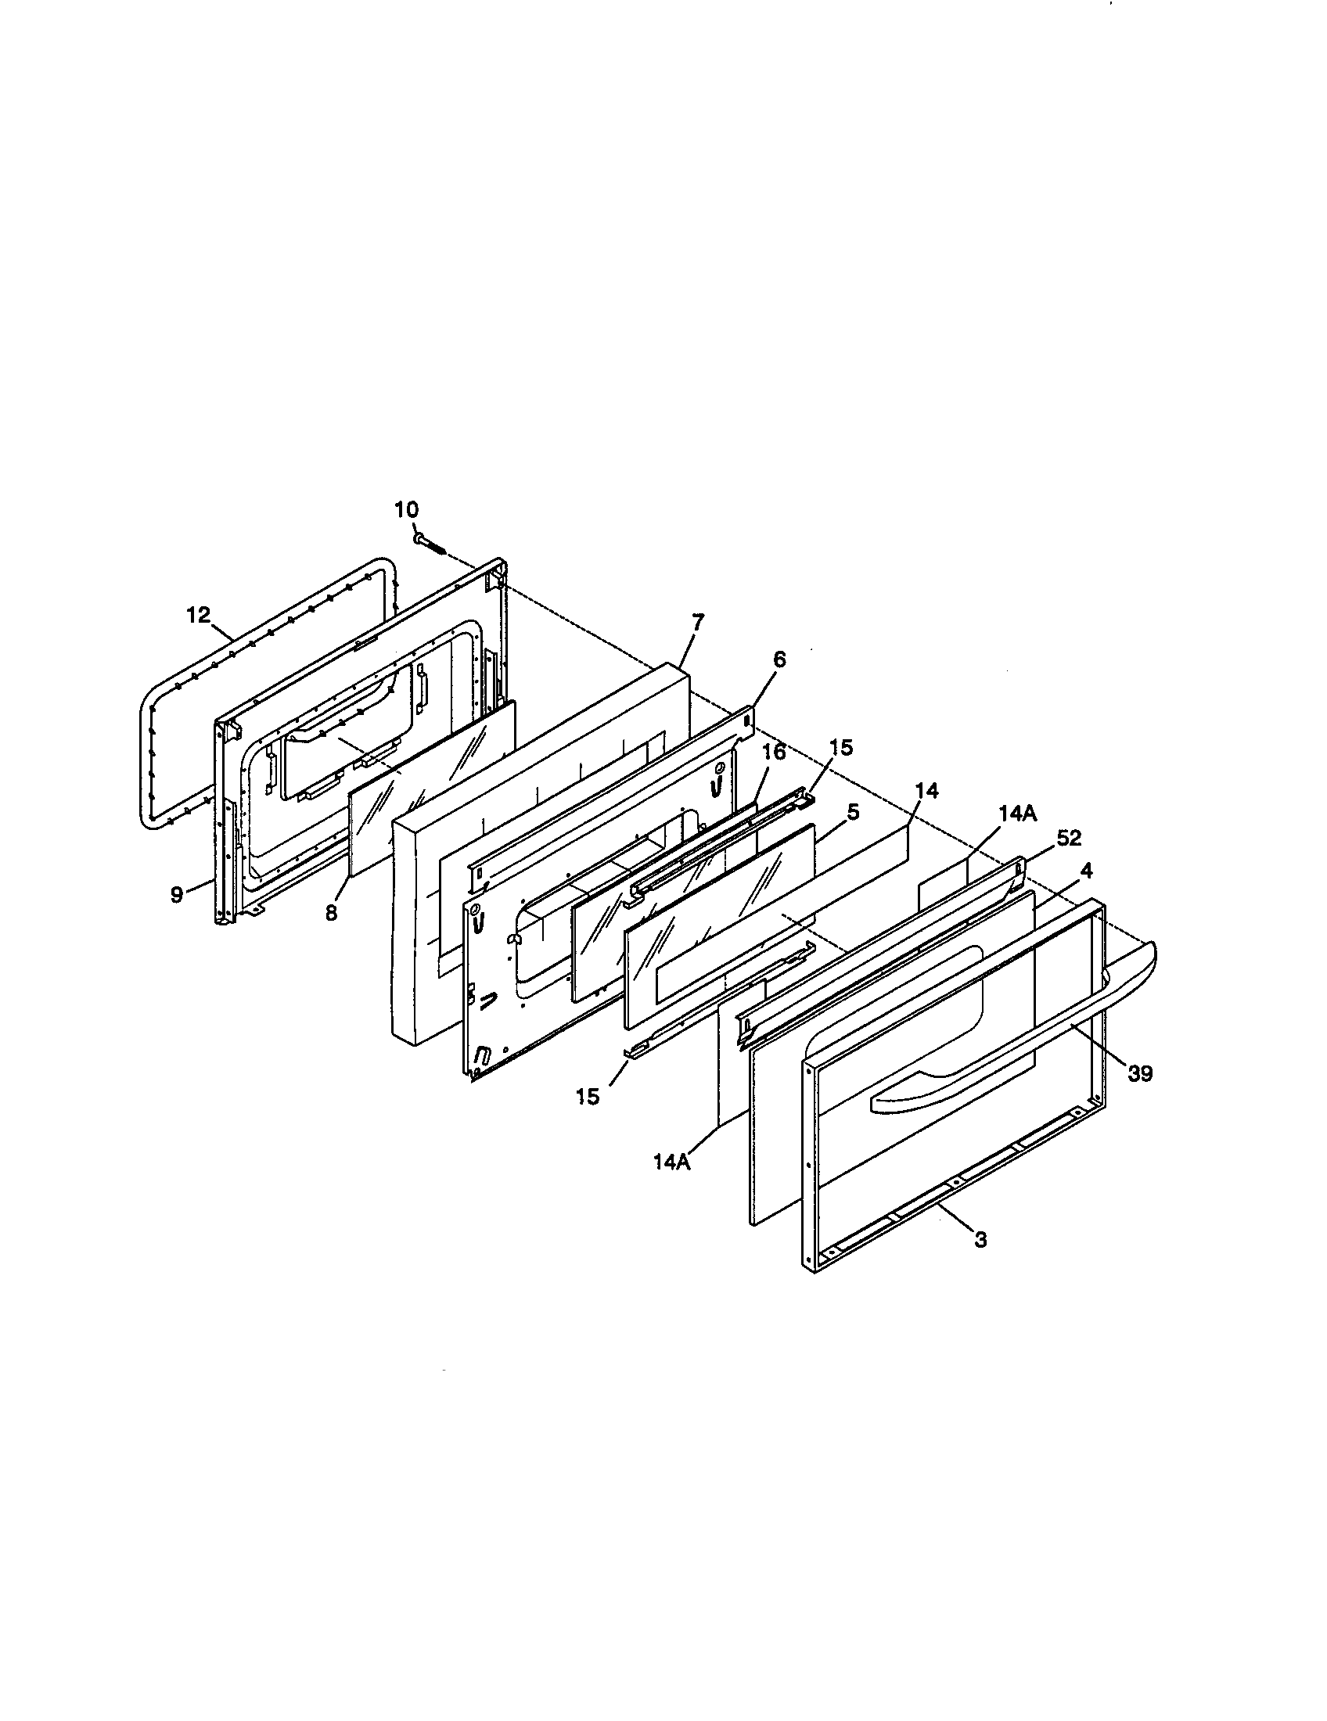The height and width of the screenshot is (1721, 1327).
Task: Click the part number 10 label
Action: [x=407, y=509]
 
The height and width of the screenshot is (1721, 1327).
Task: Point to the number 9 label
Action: [x=178, y=894]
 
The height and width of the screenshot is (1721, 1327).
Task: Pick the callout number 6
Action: [x=779, y=659]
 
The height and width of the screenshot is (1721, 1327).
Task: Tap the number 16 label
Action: [x=775, y=752]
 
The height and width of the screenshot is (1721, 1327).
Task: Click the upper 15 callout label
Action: [x=842, y=747]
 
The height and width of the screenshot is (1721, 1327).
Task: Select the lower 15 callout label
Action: [x=588, y=1096]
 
